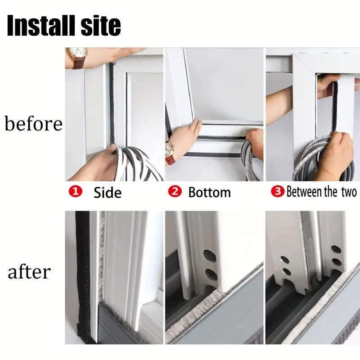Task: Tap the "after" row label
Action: (29, 272)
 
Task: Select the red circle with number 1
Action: (75, 191)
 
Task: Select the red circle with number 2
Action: (175, 191)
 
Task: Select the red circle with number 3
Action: (278, 191)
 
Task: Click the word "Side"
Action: (108, 193)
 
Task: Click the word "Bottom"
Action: (209, 193)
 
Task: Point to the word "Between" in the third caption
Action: (304, 192)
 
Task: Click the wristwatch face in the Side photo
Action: (77, 54)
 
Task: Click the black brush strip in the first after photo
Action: (83, 275)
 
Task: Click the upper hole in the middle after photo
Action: (210, 256)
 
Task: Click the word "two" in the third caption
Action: (349, 192)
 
